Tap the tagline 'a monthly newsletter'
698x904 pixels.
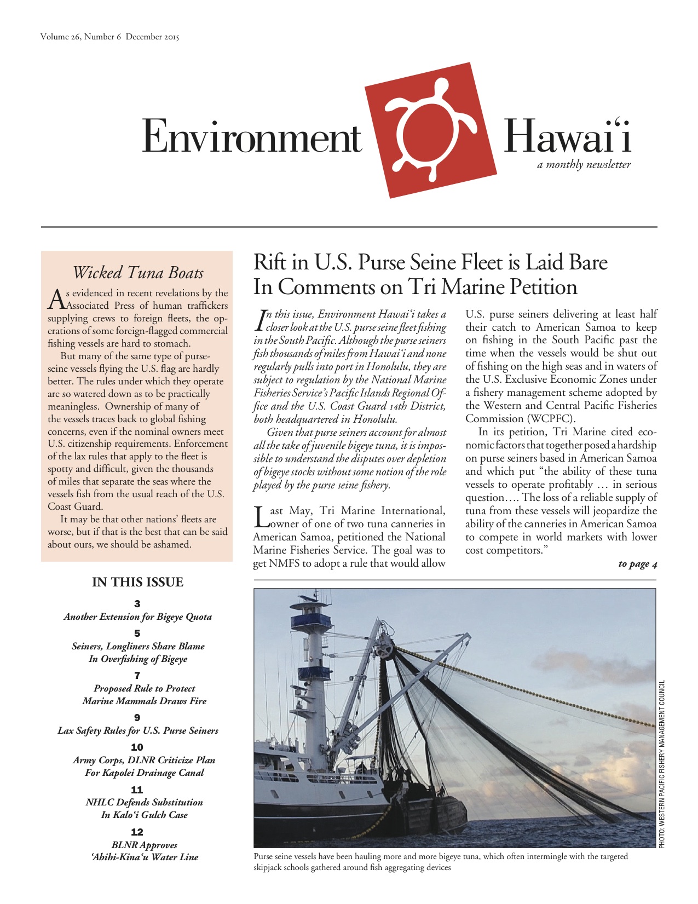[x=584, y=165]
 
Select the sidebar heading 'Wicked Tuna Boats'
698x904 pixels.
[x=137, y=273]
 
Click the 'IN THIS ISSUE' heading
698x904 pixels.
[x=137, y=583]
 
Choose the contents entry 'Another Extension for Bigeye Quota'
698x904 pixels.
[x=137, y=617]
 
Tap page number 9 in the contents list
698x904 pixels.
[x=137, y=718]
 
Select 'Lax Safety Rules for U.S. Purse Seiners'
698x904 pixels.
[x=137, y=731]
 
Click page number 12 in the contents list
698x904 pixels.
[x=137, y=832]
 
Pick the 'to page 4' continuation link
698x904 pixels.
[x=637, y=564]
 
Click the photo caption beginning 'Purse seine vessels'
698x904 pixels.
[x=441, y=862]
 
